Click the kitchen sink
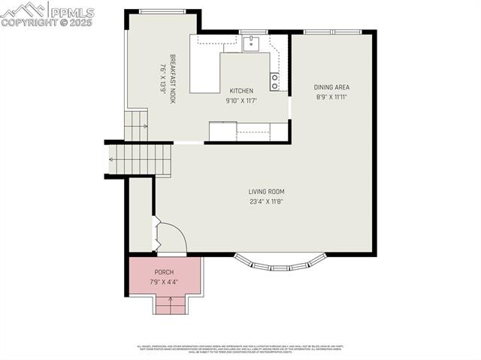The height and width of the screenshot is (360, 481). [252, 42]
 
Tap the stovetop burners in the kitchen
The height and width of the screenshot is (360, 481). [275, 81]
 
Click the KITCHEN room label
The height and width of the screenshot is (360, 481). [241, 91]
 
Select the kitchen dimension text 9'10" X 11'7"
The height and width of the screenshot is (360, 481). [241, 100]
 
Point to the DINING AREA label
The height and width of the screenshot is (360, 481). [331, 87]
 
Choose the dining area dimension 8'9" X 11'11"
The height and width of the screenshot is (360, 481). [331, 96]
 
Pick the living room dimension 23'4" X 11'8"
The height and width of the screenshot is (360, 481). [266, 201]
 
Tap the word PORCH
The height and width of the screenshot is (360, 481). [164, 272]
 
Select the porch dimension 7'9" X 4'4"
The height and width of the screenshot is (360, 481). [164, 282]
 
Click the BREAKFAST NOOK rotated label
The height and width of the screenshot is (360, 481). [172, 78]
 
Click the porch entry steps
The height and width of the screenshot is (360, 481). [170, 304]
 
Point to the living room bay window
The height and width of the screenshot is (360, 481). [280, 262]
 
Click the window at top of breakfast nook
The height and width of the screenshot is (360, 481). [162, 11]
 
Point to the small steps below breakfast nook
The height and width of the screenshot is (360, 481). [136, 126]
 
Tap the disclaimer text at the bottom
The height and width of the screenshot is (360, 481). [240, 349]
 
